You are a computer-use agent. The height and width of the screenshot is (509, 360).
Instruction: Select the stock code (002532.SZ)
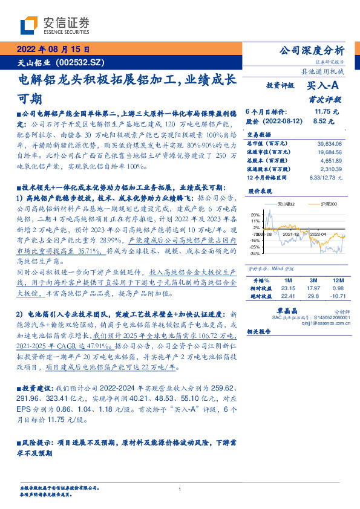(82, 62)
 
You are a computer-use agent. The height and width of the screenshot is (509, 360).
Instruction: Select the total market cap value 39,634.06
(329, 143)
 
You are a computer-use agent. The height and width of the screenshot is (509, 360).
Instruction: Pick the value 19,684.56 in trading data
(329, 152)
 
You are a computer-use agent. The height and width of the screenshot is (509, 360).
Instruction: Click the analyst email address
(322, 322)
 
